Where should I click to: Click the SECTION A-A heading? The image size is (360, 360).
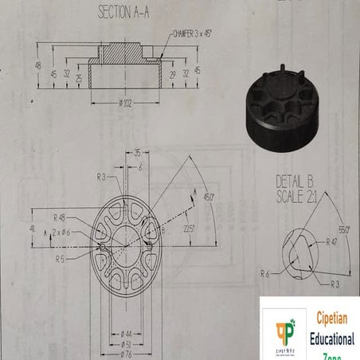127,13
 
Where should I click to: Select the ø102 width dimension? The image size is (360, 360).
127,104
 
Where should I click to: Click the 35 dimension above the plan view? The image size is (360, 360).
137,151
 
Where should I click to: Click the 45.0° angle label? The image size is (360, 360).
209,194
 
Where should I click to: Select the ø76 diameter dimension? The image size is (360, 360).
126,354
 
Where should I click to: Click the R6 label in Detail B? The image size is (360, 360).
266,272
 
